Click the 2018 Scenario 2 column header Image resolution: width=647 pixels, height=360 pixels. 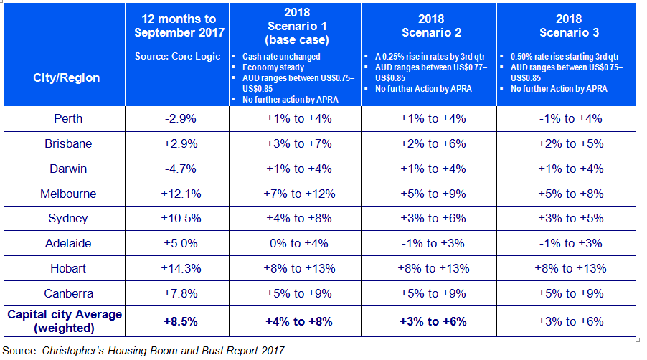pos(433,27)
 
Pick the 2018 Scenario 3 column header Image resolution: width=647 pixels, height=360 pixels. pos(567,27)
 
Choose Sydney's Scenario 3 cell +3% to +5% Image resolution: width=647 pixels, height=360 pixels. pos(567,218)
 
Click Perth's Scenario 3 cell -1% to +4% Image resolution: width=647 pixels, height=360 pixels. pos(567,118)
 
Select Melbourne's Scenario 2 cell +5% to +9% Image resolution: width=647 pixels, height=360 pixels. pos(433,194)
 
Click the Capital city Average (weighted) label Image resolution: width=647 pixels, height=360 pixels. pos(64,321)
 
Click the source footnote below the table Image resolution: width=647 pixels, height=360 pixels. pos(143,351)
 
